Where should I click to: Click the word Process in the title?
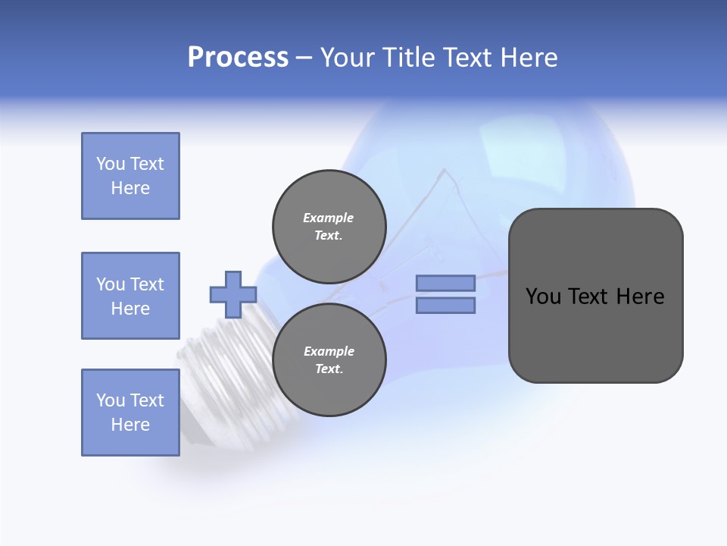(x=238, y=57)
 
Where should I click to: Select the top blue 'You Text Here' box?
(x=130, y=176)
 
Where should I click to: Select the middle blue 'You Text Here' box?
(x=130, y=296)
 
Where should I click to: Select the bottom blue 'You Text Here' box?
(x=130, y=413)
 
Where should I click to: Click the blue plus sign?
(x=233, y=294)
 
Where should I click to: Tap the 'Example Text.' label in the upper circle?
(x=329, y=226)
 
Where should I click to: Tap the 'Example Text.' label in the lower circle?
(x=329, y=359)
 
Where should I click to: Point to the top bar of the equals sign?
(x=446, y=283)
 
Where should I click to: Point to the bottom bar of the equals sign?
(x=446, y=305)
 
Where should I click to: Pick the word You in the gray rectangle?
(x=542, y=297)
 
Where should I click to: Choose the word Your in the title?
(x=346, y=57)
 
